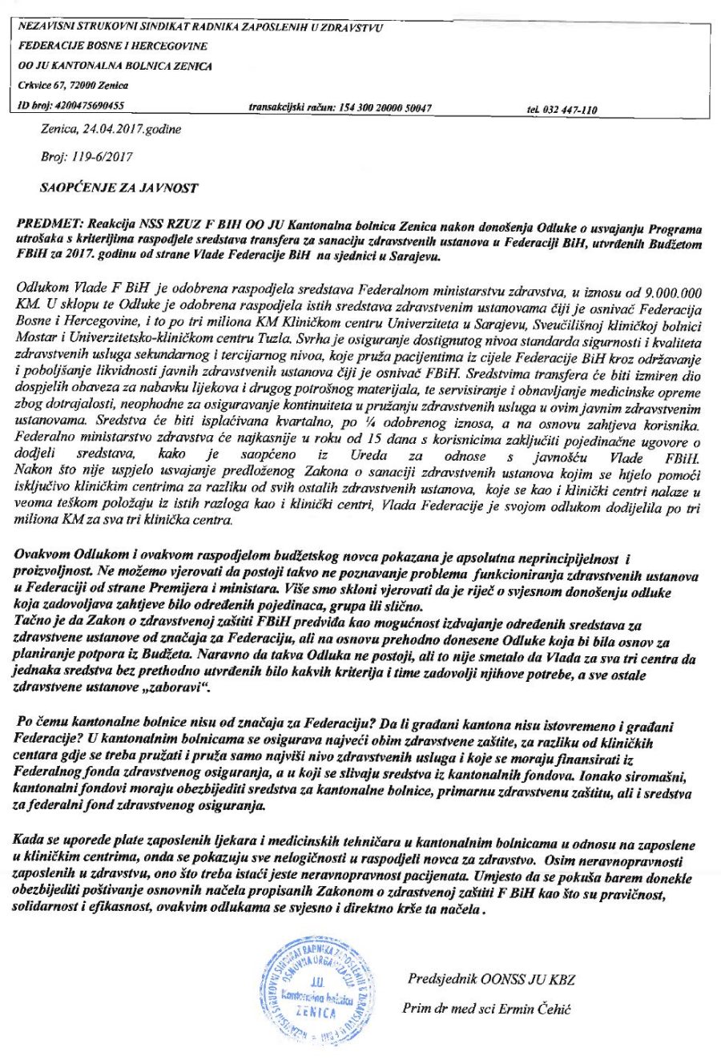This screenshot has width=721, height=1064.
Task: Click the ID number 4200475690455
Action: [89, 105]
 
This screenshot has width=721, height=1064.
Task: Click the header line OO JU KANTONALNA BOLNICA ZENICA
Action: [115, 66]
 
